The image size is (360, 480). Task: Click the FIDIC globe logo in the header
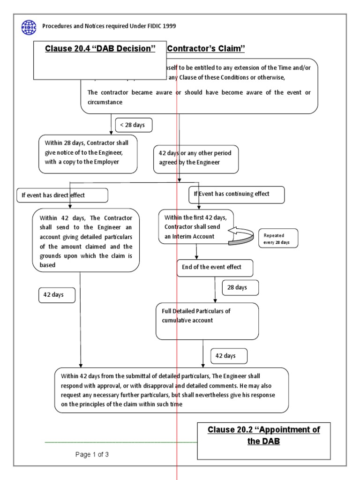point(28,27)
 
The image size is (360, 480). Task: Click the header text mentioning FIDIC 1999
point(109,26)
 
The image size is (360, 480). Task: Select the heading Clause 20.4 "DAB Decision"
point(100,49)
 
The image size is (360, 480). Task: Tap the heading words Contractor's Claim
point(206,49)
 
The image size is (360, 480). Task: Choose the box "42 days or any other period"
point(196,158)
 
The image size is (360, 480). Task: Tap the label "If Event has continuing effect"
point(236,194)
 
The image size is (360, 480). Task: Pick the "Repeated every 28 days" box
point(277,238)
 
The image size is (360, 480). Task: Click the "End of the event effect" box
point(215,267)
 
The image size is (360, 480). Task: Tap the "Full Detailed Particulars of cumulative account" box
point(207,321)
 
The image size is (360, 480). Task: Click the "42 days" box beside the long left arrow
point(57,295)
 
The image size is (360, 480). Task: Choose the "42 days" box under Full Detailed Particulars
point(229,356)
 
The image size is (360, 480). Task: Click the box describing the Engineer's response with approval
point(171,390)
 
